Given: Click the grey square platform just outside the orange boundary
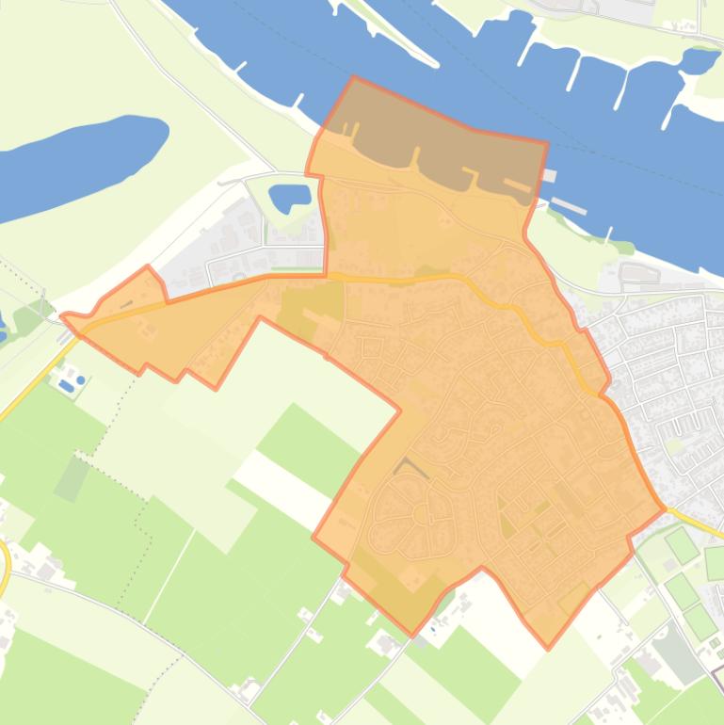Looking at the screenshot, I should (x=550, y=175).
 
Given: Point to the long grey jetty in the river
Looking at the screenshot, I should (x=569, y=204).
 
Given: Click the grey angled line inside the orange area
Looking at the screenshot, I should (x=410, y=465).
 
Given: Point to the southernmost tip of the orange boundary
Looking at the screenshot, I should (x=548, y=648).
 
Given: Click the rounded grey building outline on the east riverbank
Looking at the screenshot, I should (x=639, y=273).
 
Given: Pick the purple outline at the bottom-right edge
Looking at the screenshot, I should (x=717, y=674).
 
